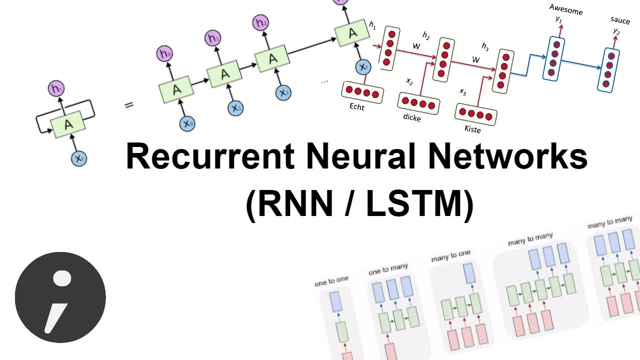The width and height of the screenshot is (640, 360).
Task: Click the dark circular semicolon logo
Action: point(60,297)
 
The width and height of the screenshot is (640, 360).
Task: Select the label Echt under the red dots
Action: point(357,107)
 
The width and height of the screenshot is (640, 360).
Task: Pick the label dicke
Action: point(411,118)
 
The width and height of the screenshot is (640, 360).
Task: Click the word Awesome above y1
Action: point(565,8)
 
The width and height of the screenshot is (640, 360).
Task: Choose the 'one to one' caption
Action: point(331,281)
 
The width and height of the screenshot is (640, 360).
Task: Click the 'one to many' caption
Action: point(388,269)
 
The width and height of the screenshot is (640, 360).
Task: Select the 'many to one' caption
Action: point(450,256)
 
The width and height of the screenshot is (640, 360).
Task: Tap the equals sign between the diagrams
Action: point(129,105)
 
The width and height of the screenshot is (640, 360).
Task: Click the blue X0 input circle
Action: point(187,122)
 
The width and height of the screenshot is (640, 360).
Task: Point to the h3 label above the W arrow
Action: point(485,46)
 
